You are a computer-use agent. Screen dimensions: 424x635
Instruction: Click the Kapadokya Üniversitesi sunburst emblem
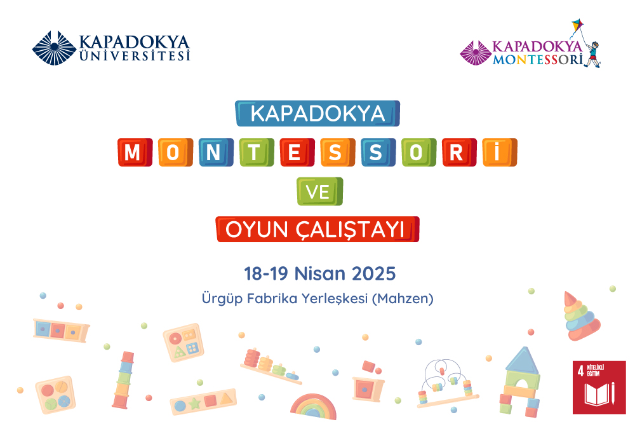click(55, 48)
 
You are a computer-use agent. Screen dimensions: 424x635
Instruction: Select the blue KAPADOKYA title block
click(317, 113)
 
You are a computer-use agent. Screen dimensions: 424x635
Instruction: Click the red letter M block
click(133, 153)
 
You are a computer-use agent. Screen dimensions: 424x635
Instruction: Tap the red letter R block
click(460, 153)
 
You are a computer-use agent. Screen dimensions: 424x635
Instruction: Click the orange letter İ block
click(500, 153)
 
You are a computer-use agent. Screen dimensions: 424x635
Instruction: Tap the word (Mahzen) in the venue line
click(404, 298)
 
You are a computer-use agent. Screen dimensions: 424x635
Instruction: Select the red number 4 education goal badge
click(598, 387)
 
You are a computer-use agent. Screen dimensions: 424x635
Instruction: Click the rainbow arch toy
click(313, 407)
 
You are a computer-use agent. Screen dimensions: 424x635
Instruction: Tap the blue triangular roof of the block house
click(522, 360)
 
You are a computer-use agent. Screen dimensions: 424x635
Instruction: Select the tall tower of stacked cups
click(124, 380)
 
